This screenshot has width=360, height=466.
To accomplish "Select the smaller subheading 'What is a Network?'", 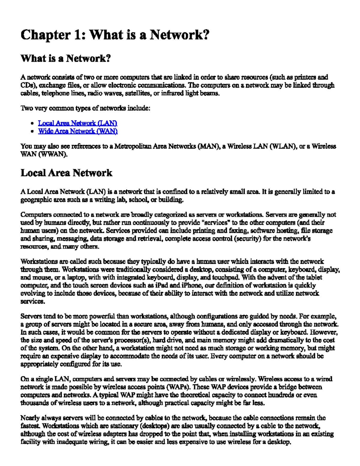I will tap(66, 58).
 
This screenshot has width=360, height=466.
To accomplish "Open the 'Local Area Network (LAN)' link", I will tap(77, 123).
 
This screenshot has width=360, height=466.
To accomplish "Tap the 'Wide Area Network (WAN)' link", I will tap(78, 131).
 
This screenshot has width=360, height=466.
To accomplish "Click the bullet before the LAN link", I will tap(32, 123).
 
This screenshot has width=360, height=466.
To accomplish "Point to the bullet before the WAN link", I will tap(32, 131).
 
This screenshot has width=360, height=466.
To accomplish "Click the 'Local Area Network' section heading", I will tap(66, 173).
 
